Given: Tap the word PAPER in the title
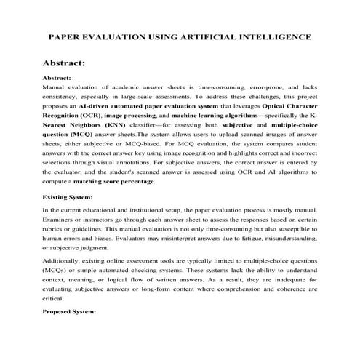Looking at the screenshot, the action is (x=66, y=36).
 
